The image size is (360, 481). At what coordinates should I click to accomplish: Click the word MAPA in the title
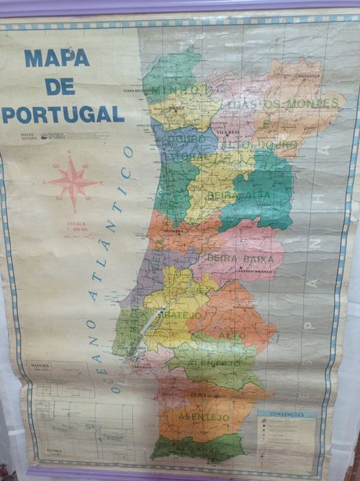[x=57, y=58]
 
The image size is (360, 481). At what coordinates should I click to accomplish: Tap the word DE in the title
[x=60, y=86]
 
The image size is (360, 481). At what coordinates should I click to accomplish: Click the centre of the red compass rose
[x=72, y=182]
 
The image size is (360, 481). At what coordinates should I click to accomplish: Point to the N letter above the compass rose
[x=73, y=157]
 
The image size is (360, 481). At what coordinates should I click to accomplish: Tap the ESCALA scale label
[x=76, y=223]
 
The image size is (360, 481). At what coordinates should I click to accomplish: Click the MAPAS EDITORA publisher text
[x=29, y=136]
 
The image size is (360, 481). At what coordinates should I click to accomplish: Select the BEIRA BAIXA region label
[x=245, y=259]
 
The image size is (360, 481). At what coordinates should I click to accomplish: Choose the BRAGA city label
[x=176, y=108]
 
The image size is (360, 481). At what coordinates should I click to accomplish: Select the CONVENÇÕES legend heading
[x=286, y=415]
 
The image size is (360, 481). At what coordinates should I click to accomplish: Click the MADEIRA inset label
[x=36, y=366]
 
